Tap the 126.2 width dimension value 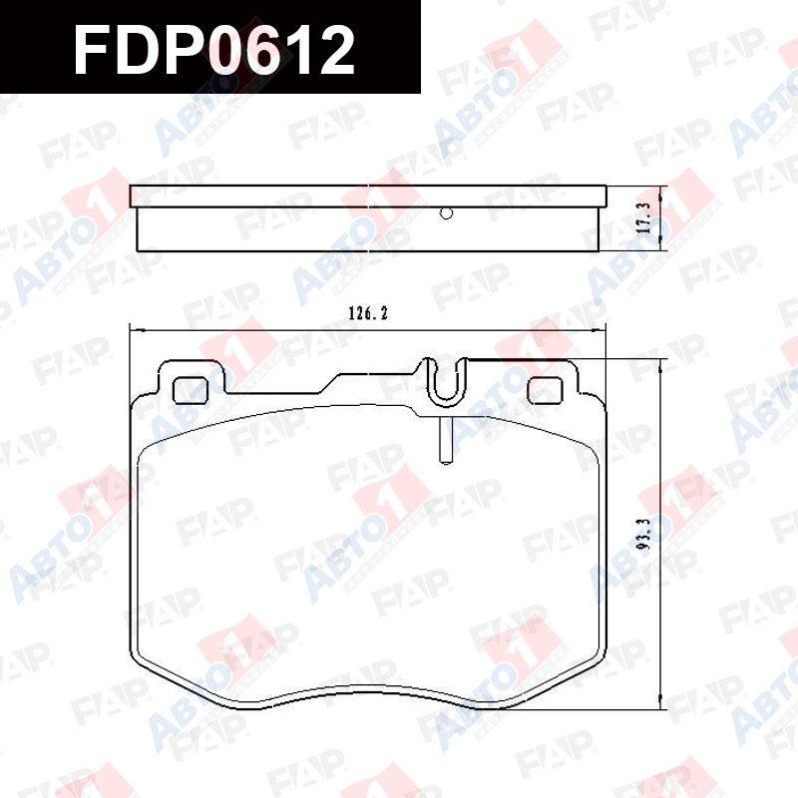click(368, 313)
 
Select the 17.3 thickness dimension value click(644, 217)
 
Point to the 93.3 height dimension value click(644, 534)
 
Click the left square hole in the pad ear click(191, 391)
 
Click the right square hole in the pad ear click(545, 390)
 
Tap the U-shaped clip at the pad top click(446, 382)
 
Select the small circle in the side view click(446, 213)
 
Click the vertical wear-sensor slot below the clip click(446, 441)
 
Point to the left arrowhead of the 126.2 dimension click(138, 331)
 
